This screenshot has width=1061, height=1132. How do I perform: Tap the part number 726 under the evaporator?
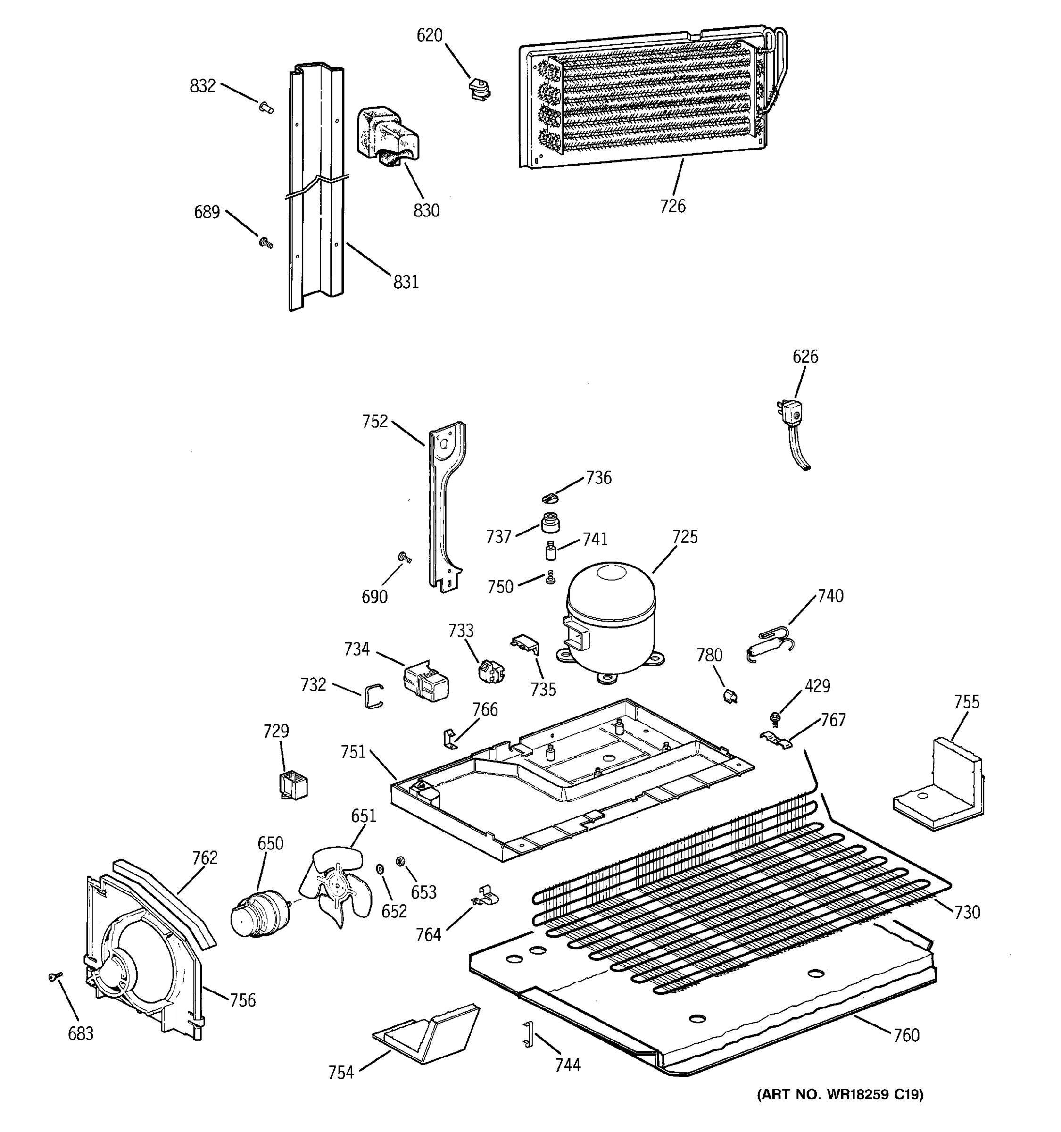[672, 206]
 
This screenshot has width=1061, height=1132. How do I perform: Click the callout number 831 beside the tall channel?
[406, 282]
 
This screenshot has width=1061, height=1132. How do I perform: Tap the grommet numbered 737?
[550, 522]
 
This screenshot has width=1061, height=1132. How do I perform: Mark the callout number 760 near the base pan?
[906, 1035]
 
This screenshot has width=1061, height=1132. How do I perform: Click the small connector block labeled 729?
[293, 785]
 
